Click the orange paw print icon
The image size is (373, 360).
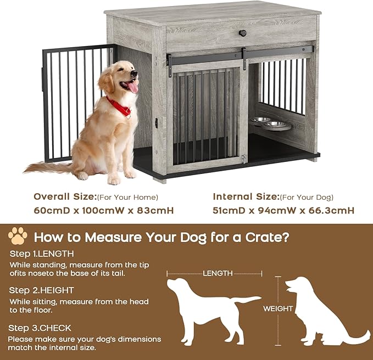(x=18, y=236)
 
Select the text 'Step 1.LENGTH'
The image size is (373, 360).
(x=42, y=254)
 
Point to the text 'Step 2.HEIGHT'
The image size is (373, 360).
(x=42, y=290)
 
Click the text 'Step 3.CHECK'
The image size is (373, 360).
(x=40, y=328)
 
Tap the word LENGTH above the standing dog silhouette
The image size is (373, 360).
(x=217, y=273)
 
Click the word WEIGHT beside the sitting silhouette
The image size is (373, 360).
(x=278, y=308)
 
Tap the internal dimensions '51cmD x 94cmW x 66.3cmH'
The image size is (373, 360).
(x=283, y=210)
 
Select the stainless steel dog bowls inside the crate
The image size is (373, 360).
(x=270, y=123)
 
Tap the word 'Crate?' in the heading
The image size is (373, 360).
(x=265, y=238)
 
